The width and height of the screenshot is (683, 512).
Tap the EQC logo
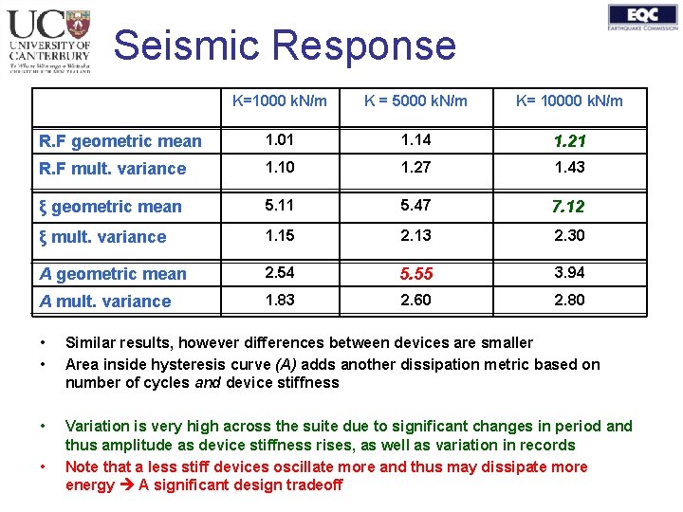point(643,17)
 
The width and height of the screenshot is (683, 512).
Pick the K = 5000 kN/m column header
point(415,101)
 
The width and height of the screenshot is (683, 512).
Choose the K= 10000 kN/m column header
point(569,101)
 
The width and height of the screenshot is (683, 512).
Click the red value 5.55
point(415,274)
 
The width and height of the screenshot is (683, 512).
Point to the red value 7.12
point(569,207)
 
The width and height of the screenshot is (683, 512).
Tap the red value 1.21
point(569,141)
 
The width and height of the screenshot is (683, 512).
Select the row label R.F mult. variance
point(112,169)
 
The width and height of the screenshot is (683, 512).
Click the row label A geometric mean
point(112,274)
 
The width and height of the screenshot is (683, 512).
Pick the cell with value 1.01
point(280,140)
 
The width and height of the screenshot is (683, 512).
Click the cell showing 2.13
point(415,235)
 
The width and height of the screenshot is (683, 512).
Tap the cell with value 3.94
point(569,273)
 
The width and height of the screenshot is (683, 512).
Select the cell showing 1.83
point(280,300)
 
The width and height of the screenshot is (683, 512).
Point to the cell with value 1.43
point(569,167)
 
